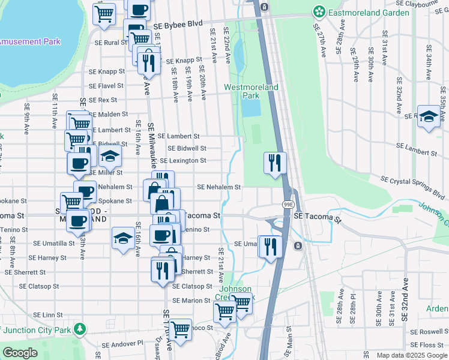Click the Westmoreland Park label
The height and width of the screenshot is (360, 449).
252,91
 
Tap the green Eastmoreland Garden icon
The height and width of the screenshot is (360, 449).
319,11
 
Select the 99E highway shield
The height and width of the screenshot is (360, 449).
288,205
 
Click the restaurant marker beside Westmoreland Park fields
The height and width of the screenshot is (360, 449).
275,162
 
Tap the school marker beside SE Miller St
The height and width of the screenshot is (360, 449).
110,157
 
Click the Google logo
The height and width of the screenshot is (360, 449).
20,353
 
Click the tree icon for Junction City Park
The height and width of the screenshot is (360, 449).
79,329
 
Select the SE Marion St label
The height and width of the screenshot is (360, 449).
191,301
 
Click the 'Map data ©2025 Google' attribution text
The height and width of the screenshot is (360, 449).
411,355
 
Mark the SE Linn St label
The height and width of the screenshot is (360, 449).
48,315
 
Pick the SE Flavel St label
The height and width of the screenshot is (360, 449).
106,86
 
